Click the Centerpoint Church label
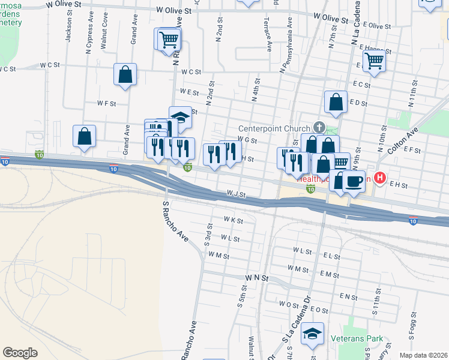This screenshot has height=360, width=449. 274,128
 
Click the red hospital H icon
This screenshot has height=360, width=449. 379,178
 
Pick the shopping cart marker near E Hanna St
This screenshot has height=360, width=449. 374,60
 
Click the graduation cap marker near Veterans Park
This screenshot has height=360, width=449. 312,334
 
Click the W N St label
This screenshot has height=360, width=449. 256,279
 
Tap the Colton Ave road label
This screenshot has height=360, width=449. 402,139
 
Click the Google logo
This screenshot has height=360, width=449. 20,352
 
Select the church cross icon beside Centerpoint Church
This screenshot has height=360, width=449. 318,128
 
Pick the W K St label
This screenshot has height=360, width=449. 233,221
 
